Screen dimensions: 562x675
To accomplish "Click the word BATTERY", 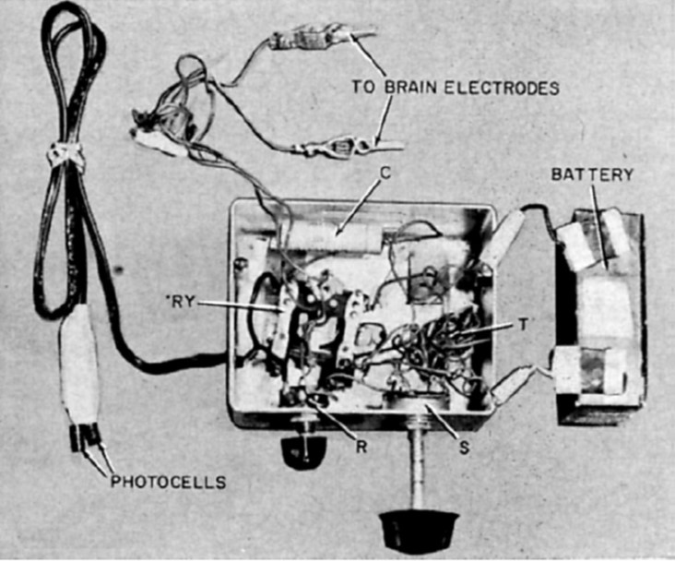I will coord(592,174).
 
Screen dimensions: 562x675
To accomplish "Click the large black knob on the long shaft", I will coord(419,529).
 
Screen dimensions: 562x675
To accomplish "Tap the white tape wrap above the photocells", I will coord(77,365).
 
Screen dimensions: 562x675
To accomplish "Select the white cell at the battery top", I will coord(591,238).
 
